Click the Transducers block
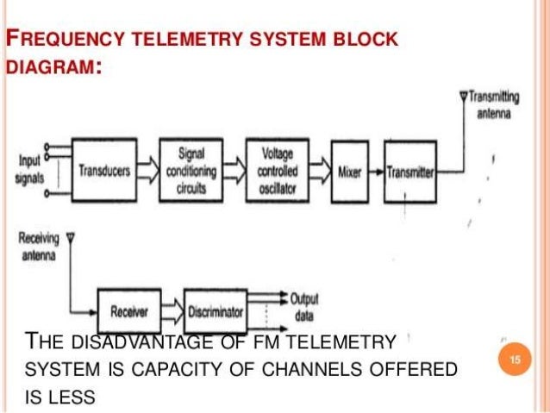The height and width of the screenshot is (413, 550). coord(103,172)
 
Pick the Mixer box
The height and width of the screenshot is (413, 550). coord(349,171)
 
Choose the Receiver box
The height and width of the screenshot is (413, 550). coord(130,309)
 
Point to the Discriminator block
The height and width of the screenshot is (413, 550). coord(216,309)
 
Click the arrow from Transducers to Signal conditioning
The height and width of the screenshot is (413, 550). coord(147,171)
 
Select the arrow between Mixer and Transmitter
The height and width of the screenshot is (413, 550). coord(377,172)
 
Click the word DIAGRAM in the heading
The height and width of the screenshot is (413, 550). coord(51,66)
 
